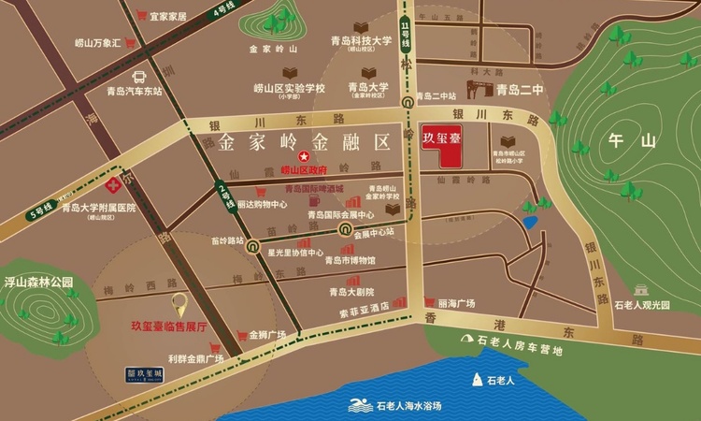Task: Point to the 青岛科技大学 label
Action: click(x=354, y=40)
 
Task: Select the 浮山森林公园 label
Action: click(x=38, y=281)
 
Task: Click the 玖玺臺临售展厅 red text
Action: click(x=181, y=327)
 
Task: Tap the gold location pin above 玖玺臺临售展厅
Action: click(x=180, y=305)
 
